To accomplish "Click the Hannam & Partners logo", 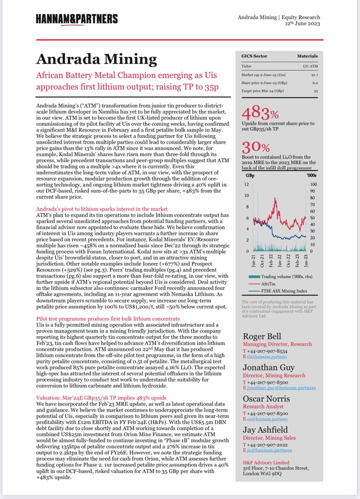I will [x=76, y=19].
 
